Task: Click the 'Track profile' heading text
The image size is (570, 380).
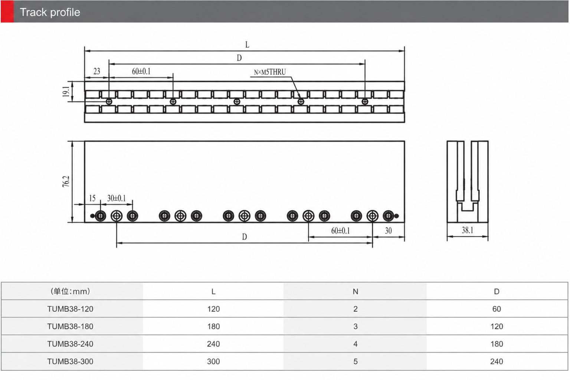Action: point(50,12)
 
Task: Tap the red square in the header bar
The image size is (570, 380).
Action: point(7,12)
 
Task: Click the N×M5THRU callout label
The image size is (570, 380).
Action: point(270,72)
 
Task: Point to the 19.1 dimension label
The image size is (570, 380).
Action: point(66,91)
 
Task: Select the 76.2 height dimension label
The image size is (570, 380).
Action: point(66,181)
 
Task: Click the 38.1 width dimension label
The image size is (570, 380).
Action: point(468,230)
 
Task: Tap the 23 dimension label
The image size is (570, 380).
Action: point(97,71)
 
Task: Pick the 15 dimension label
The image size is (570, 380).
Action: point(92,198)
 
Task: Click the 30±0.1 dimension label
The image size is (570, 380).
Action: point(117,198)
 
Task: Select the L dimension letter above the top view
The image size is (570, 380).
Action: point(247,45)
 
